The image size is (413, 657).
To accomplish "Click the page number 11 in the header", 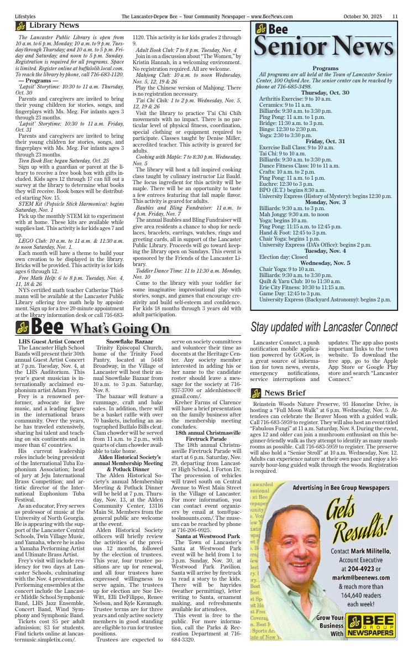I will (x=395, y=17).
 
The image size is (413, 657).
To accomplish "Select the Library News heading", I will (x=54, y=25).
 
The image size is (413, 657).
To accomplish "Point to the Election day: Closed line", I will (x=284, y=257).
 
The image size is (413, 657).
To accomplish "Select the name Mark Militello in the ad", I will (x=369, y=551).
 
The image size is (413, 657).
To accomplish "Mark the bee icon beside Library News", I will (x=20, y=26).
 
